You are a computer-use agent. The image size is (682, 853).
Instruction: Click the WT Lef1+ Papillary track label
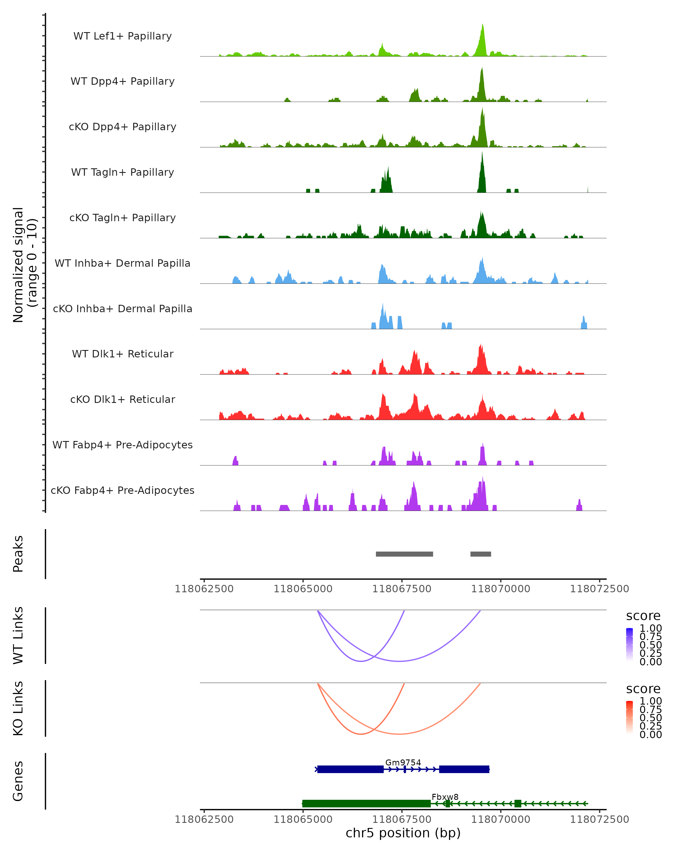(122, 36)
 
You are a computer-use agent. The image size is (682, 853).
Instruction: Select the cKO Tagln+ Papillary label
(122, 218)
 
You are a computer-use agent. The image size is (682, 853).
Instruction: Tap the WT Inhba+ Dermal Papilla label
(122, 263)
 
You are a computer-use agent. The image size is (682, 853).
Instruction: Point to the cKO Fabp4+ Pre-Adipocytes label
(122, 490)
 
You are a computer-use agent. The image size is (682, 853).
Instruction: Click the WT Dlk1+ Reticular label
(122, 354)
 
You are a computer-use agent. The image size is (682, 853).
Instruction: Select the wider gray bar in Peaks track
(404, 554)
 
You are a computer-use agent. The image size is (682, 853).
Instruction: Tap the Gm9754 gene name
(403, 762)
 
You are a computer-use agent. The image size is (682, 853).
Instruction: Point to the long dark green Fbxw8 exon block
(366, 804)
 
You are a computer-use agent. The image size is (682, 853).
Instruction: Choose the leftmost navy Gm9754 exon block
(350, 769)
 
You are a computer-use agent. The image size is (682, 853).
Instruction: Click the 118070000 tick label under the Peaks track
(500, 589)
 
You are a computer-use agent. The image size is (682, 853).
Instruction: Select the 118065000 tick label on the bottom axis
(303, 819)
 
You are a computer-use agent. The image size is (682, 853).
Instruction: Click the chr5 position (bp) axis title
(403, 833)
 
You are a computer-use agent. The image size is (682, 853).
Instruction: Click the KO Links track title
(18, 708)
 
